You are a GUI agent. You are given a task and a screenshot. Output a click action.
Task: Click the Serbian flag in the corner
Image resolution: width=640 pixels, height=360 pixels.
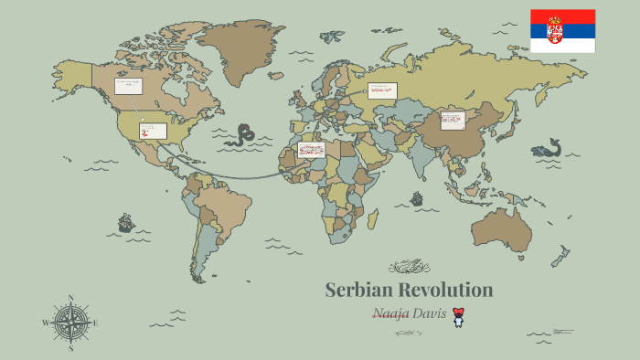562,31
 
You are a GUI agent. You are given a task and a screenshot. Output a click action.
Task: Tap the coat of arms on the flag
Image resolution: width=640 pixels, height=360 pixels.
555,30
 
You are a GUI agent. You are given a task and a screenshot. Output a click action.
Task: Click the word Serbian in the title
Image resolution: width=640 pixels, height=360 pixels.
358,291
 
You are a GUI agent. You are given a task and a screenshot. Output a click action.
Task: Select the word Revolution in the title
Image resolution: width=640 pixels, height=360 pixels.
446,291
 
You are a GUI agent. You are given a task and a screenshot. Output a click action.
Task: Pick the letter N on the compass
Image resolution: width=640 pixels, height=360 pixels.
70,297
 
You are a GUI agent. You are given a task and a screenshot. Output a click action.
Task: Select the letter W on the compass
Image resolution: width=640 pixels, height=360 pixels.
45,323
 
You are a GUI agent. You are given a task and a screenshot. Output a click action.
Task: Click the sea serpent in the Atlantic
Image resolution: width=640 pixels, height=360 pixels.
242,135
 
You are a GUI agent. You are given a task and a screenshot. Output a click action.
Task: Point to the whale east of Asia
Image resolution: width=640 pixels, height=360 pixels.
548,148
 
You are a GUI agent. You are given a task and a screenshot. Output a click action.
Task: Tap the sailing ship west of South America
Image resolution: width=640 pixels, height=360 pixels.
125,222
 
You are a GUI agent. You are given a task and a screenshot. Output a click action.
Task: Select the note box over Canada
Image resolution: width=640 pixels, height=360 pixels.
128,87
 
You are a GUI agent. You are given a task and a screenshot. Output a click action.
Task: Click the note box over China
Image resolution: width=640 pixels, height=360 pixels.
453,120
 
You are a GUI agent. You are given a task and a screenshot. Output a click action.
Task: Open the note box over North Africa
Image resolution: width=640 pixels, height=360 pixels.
311,149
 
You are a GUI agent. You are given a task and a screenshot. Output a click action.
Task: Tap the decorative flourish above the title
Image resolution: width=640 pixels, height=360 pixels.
409,267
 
